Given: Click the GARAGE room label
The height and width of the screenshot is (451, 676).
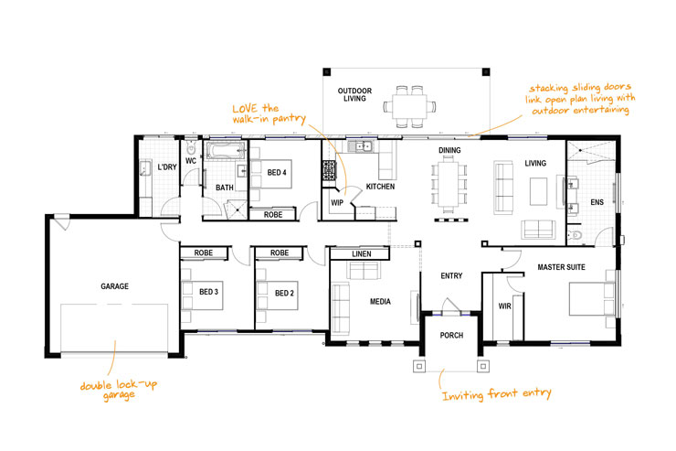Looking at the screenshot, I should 115,286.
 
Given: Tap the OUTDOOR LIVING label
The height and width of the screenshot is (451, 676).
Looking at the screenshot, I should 352,94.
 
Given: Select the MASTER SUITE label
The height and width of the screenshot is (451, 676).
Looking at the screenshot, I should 561,267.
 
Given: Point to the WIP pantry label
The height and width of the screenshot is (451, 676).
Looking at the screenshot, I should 337,203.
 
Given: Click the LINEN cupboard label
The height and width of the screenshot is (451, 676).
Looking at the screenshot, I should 361,252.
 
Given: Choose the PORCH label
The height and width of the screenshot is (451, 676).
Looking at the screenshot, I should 451,336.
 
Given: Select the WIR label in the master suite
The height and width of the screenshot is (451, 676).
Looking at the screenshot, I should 503,306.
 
